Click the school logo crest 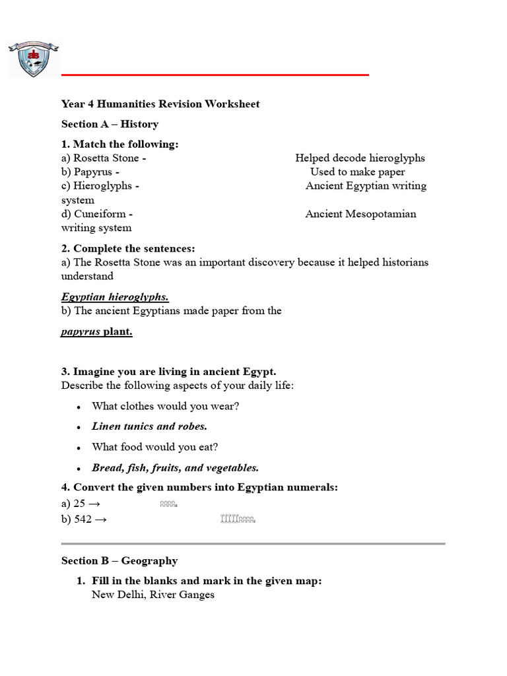[32, 59]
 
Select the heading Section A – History [110, 124]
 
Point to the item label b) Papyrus [90, 172]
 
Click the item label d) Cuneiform [97, 214]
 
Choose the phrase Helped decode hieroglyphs [360, 158]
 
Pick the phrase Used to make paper [358, 172]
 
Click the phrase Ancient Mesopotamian [360, 214]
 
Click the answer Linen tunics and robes [149, 426]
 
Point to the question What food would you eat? [154, 447]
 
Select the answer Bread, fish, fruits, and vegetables [175, 468]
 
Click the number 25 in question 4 [79, 504]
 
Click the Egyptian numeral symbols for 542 [238, 520]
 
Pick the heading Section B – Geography [119, 560]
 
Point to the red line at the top [215, 75]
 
